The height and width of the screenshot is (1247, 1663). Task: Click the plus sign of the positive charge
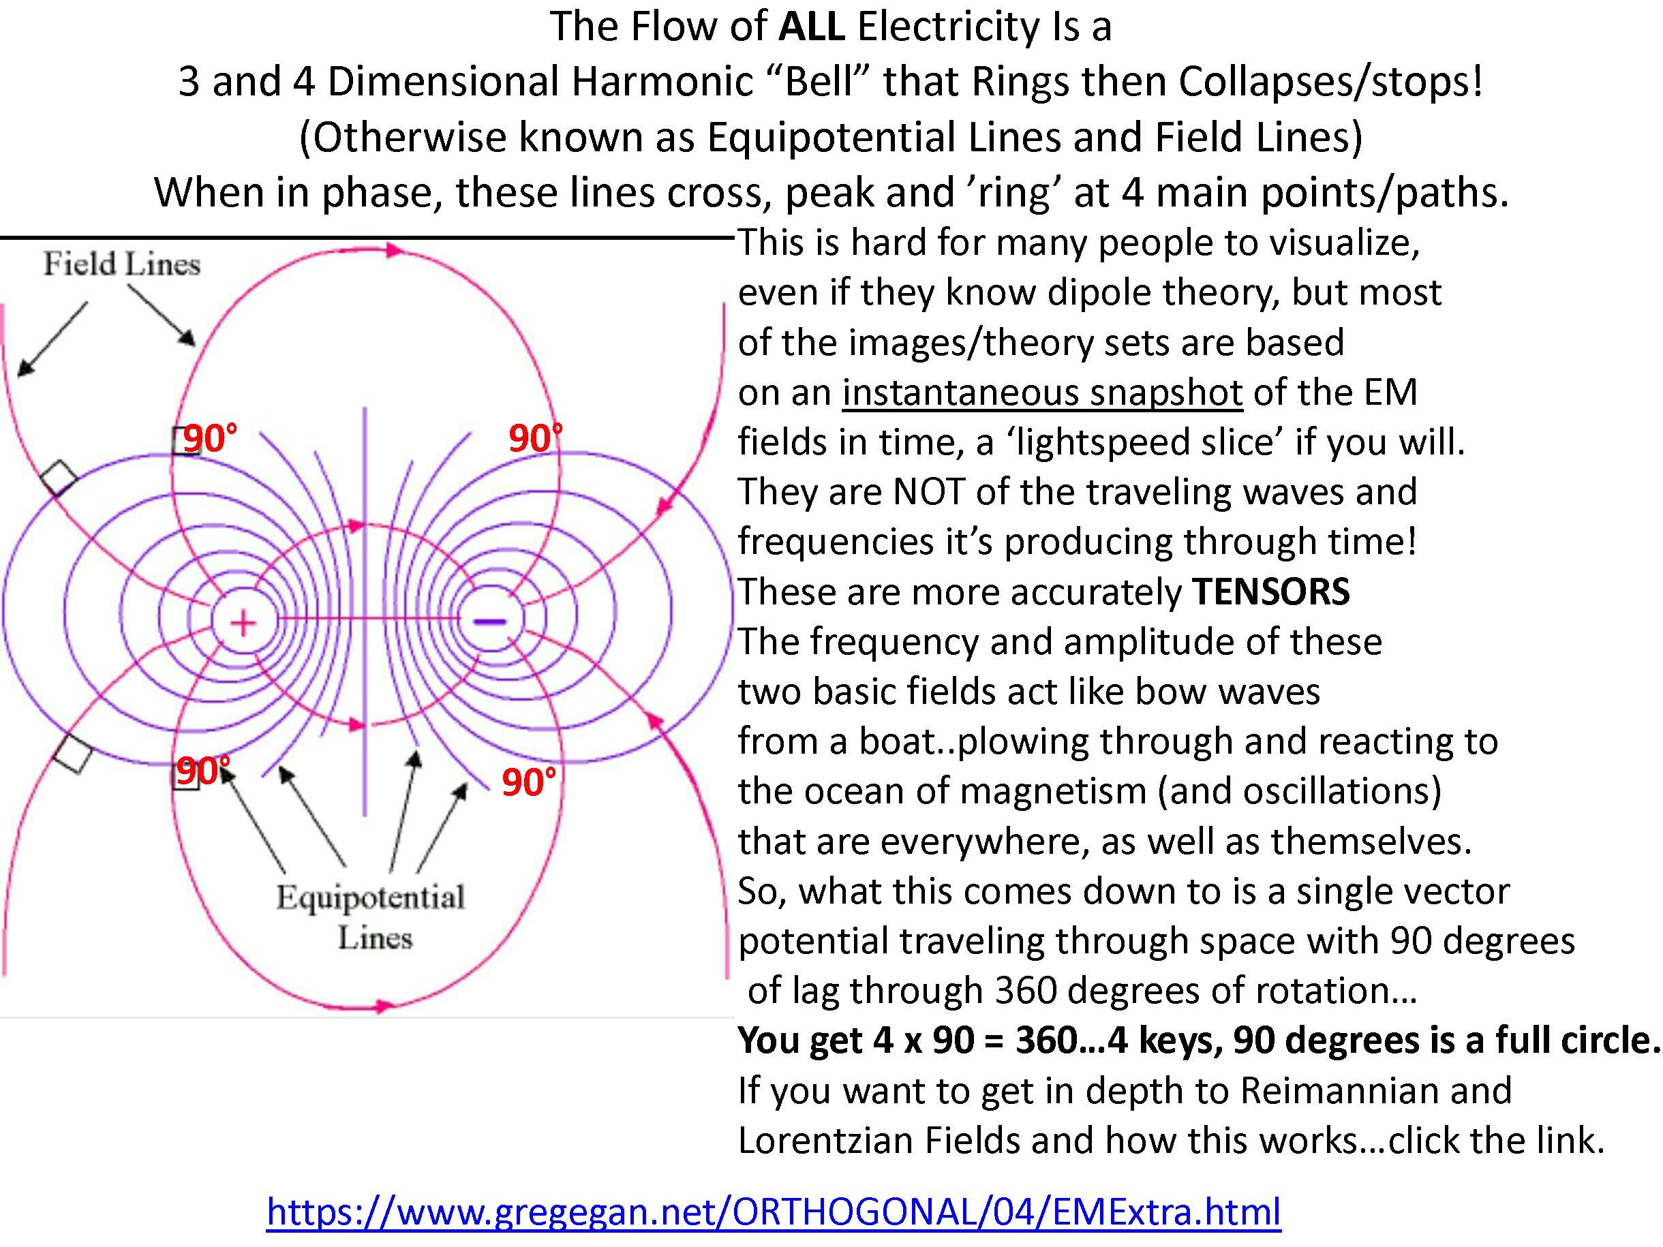[x=242, y=623]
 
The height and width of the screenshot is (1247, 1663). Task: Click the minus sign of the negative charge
[x=489, y=621]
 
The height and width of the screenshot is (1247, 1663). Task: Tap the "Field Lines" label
[x=122, y=264]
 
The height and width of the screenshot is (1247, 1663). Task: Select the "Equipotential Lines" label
[x=371, y=917]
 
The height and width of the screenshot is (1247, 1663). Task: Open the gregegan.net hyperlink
[x=774, y=1211]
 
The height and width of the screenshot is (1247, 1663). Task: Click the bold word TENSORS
[x=1271, y=591]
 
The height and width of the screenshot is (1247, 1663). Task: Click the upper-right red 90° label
[x=535, y=438]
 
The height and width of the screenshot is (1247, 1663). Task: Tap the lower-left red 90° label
[x=203, y=771]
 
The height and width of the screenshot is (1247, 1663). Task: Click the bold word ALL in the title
[x=812, y=27]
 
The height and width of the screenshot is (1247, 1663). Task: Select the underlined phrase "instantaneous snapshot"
[x=1042, y=392]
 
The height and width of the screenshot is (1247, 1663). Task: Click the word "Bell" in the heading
[x=819, y=82]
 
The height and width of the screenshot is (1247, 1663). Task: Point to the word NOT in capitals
[x=926, y=491]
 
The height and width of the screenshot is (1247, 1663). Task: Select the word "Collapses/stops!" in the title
[x=1330, y=82]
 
